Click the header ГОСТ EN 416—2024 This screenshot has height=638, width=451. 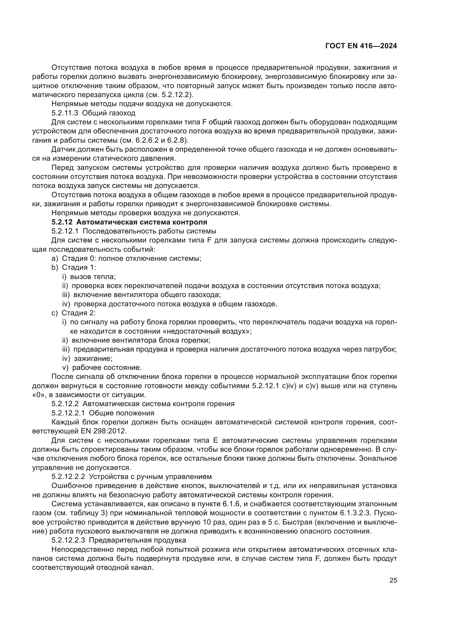(x=361, y=46)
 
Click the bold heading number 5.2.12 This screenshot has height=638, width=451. (x=62, y=222)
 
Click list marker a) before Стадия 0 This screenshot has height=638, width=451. (x=55, y=258)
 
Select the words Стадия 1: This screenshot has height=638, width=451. (x=79, y=267)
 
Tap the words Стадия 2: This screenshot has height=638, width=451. (x=79, y=313)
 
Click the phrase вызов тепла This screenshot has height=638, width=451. (x=93, y=277)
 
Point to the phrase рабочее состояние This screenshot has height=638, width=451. (x=107, y=368)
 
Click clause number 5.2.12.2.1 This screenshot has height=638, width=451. (x=68, y=413)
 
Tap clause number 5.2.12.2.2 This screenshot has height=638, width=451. (x=68, y=477)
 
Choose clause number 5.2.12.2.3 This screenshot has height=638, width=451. (x=68, y=540)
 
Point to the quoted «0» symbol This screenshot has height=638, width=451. (x=37, y=395)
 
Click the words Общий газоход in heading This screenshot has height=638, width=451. (x=109, y=113)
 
